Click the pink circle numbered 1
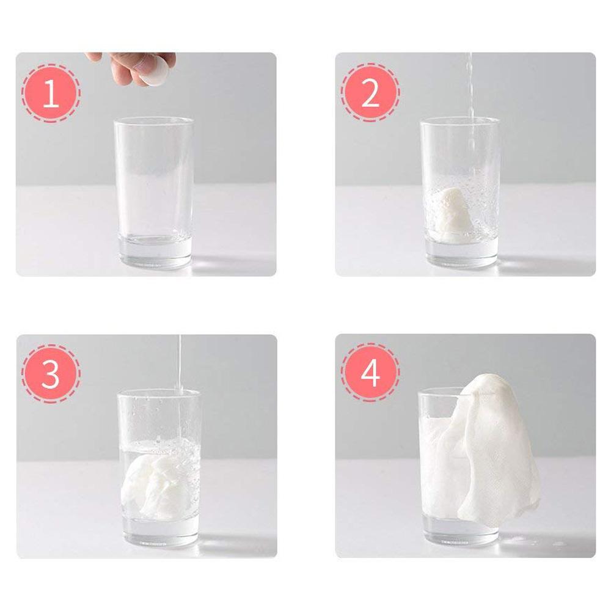(x=51, y=93)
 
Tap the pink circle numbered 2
(x=370, y=93)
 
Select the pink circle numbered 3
(x=51, y=373)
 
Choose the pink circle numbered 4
(x=370, y=373)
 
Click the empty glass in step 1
(x=153, y=193)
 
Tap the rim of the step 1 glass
(x=153, y=120)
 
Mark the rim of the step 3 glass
(x=159, y=392)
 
